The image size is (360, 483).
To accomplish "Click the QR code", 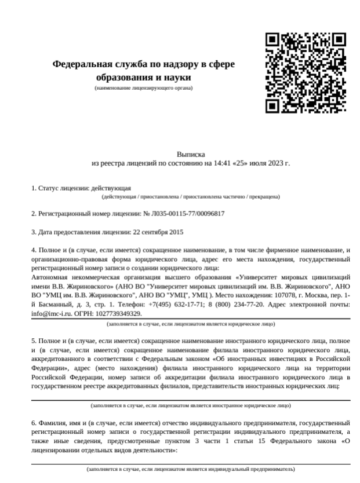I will tap(306, 72).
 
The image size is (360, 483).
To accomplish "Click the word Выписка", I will tap(191, 155).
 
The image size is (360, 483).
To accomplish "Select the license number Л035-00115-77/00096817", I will tap(192, 214).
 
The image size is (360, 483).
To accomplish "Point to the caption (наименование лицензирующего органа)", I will tap(143, 88).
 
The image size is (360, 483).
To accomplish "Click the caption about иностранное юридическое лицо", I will tap(191, 405).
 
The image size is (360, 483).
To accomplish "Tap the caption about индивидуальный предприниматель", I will tap(191, 469).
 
